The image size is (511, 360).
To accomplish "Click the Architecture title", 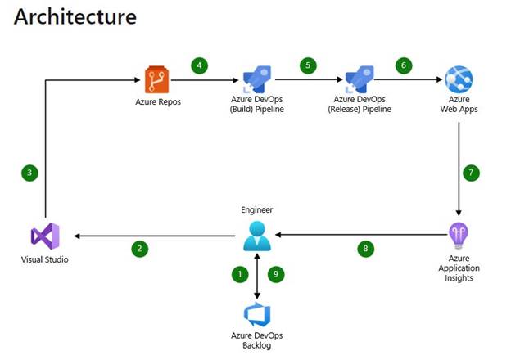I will click(75, 16).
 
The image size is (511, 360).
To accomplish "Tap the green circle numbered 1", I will click(240, 275).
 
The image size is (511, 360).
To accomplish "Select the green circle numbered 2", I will click(140, 249).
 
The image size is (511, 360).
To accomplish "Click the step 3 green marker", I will click(29, 173).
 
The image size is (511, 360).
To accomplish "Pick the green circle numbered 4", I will click(199, 65).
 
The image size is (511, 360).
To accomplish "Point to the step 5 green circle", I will click(308, 65).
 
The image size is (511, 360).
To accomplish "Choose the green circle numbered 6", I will click(402, 65).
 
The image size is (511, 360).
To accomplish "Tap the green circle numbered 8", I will click(366, 249).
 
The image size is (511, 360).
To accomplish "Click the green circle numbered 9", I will click(276, 275).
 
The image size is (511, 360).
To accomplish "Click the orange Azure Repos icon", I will click(156, 81).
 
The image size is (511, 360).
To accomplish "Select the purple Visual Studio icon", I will click(44, 236).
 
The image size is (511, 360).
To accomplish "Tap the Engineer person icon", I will click(258, 236).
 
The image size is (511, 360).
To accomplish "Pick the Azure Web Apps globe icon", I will click(458, 80).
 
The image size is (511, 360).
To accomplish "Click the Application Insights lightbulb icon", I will click(458, 236).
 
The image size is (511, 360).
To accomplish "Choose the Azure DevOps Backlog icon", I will click(258, 314).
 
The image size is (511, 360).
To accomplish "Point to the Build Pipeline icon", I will click(256, 80).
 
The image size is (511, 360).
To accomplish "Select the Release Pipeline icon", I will click(358, 80).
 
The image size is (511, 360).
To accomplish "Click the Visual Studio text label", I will click(45, 260).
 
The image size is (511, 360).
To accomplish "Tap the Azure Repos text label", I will click(156, 103).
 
